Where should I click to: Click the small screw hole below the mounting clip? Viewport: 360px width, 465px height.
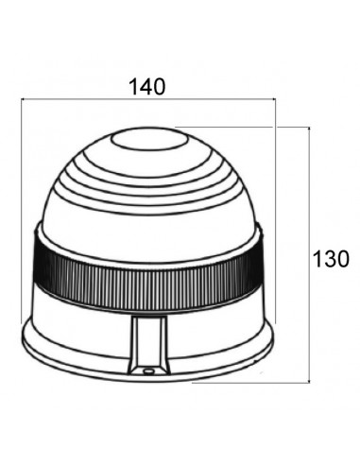(148, 371)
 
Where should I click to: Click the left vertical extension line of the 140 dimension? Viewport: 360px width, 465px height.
(21, 208)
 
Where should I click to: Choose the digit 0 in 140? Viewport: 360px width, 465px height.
(160, 86)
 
